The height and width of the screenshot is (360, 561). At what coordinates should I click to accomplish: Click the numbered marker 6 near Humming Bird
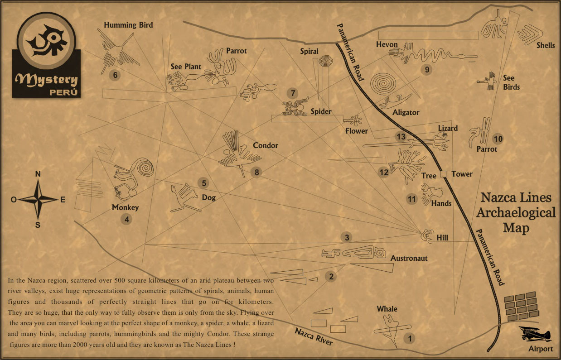pos(116,75)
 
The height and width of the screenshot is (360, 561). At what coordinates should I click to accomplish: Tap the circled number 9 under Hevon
pos(426,70)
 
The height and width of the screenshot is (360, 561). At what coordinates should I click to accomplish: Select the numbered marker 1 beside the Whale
pos(410,338)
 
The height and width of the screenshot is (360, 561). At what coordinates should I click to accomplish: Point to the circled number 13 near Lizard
pos(401,136)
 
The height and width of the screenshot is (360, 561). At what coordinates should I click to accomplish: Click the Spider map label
pos(321,111)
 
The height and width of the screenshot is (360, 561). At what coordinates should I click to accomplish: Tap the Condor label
pos(265,146)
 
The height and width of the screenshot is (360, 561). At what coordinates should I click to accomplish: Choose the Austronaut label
pos(409,259)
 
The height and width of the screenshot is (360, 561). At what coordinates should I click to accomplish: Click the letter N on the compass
pos(39,174)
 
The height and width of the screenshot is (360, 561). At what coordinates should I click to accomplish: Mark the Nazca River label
pos(314,337)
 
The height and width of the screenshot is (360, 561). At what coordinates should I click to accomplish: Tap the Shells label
pos(546,45)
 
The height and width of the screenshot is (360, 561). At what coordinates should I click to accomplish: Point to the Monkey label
pos(125,208)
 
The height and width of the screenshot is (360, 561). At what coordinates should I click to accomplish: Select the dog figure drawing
pos(183,198)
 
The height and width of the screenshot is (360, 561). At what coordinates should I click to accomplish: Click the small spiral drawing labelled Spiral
pos(325,61)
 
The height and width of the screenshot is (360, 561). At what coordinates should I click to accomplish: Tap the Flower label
pos(357,131)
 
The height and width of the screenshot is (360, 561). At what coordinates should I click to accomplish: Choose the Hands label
pos(441,204)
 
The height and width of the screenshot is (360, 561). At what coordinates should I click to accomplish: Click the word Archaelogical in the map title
pos(516,213)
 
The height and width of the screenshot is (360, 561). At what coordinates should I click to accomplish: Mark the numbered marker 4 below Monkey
pos(126,220)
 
